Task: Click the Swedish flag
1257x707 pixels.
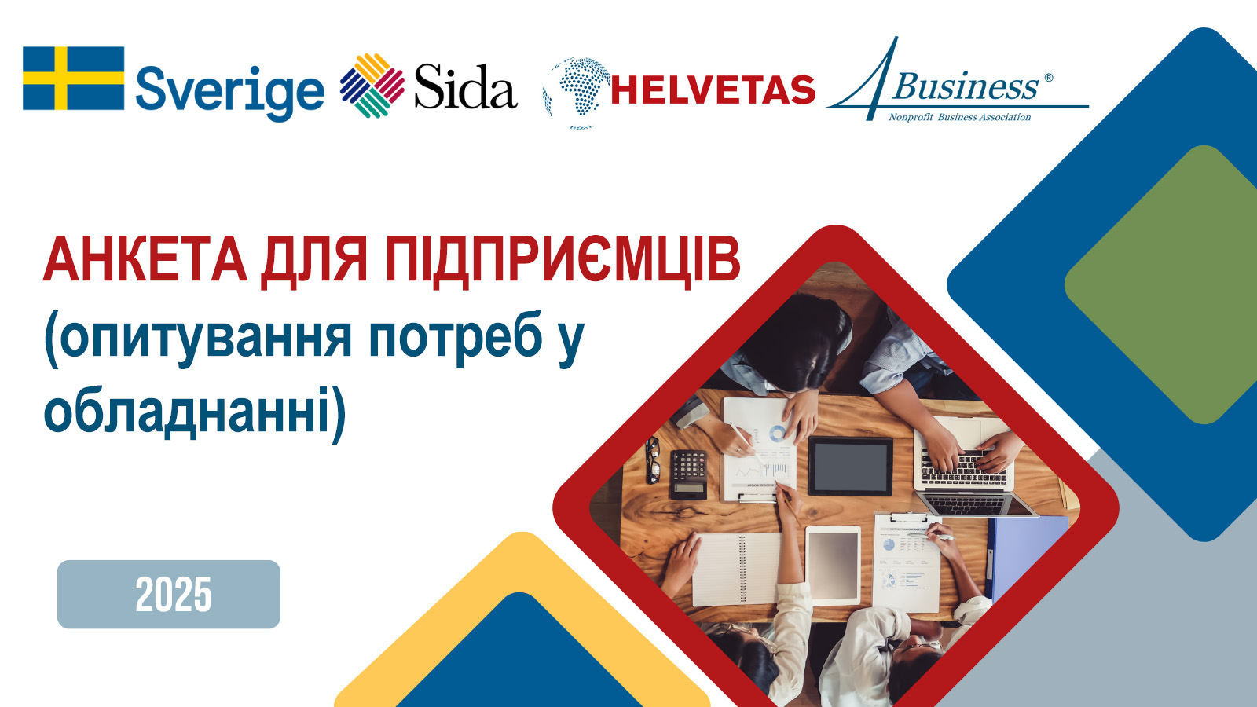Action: click(74, 78)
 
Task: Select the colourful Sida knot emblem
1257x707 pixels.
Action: click(372, 86)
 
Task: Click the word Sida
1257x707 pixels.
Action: click(466, 86)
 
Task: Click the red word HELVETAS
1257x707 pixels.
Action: click(713, 90)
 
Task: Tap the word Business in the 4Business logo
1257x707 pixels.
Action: click(965, 87)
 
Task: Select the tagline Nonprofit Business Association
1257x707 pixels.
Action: click(959, 117)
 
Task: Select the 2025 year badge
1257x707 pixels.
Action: click(169, 594)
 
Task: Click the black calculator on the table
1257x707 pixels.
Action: click(688, 474)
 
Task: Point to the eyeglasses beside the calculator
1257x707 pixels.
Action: click(652, 460)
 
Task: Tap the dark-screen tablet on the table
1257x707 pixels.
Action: click(850, 467)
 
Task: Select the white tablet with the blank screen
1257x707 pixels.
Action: click(834, 565)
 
